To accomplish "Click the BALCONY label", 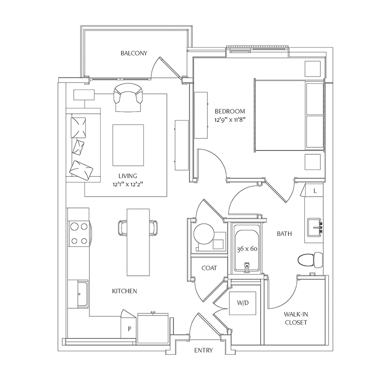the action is tap(134, 53).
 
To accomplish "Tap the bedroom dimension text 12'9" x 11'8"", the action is tap(230, 120).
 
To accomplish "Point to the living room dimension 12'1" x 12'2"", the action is tap(128, 184).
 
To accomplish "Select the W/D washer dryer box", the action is tap(242, 303).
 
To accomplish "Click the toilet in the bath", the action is tap(310, 260).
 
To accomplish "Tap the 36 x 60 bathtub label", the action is tap(247, 249).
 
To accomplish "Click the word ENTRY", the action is tap(204, 350).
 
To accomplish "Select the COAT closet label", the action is tap(209, 268).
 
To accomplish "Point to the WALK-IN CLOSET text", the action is tap(296, 318).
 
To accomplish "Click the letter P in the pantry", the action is tap(130, 329).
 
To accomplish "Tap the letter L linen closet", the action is tap(315, 191).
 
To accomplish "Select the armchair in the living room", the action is tap(128, 98).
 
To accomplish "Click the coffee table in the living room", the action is tap(128, 145).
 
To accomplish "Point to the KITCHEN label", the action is tap(124, 291).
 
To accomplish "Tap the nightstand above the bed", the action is tap(312, 69).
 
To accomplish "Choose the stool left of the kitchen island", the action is tap(123, 228).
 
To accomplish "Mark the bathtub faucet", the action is tap(247, 267).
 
